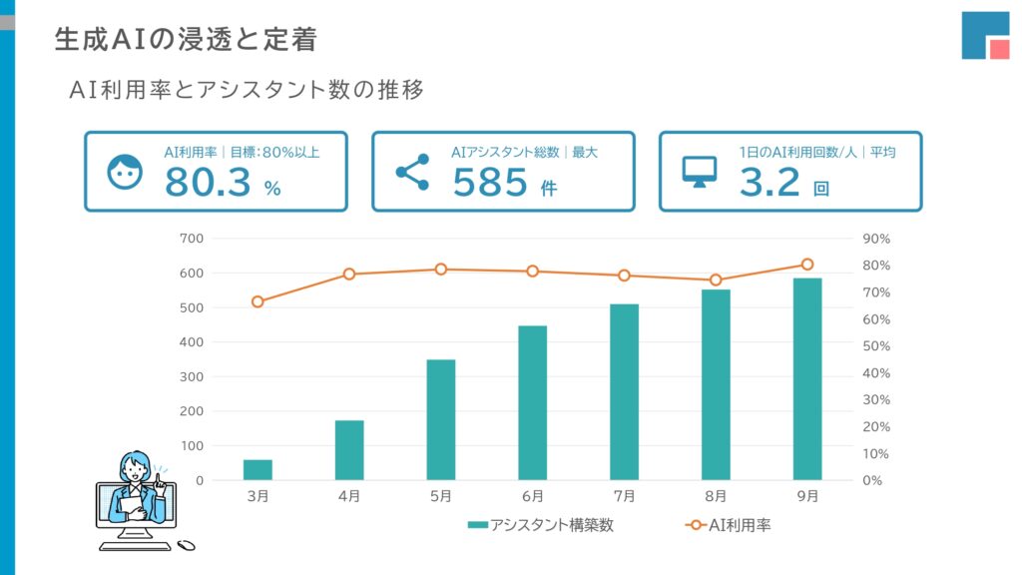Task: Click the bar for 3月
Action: (x=257, y=469)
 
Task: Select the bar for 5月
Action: (x=441, y=419)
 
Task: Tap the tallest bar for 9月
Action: (x=807, y=379)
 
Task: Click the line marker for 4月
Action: (x=349, y=274)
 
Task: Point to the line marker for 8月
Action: (x=716, y=280)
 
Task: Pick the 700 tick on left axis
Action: (x=192, y=239)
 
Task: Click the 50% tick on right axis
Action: (x=875, y=346)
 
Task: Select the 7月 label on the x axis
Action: (x=624, y=496)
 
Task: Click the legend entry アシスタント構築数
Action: (x=540, y=525)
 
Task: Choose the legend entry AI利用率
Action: (x=729, y=525)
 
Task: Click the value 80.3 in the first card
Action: (x=208, y=183)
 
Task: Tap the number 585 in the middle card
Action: (x=490, y=183)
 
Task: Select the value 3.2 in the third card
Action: (x=769, y=183)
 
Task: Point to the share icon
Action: (x=412, y=172)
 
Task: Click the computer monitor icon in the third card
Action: (x=700, y=172)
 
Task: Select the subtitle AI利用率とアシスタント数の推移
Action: (x=247, y=89)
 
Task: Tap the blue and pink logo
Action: (x=985, y=36)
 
